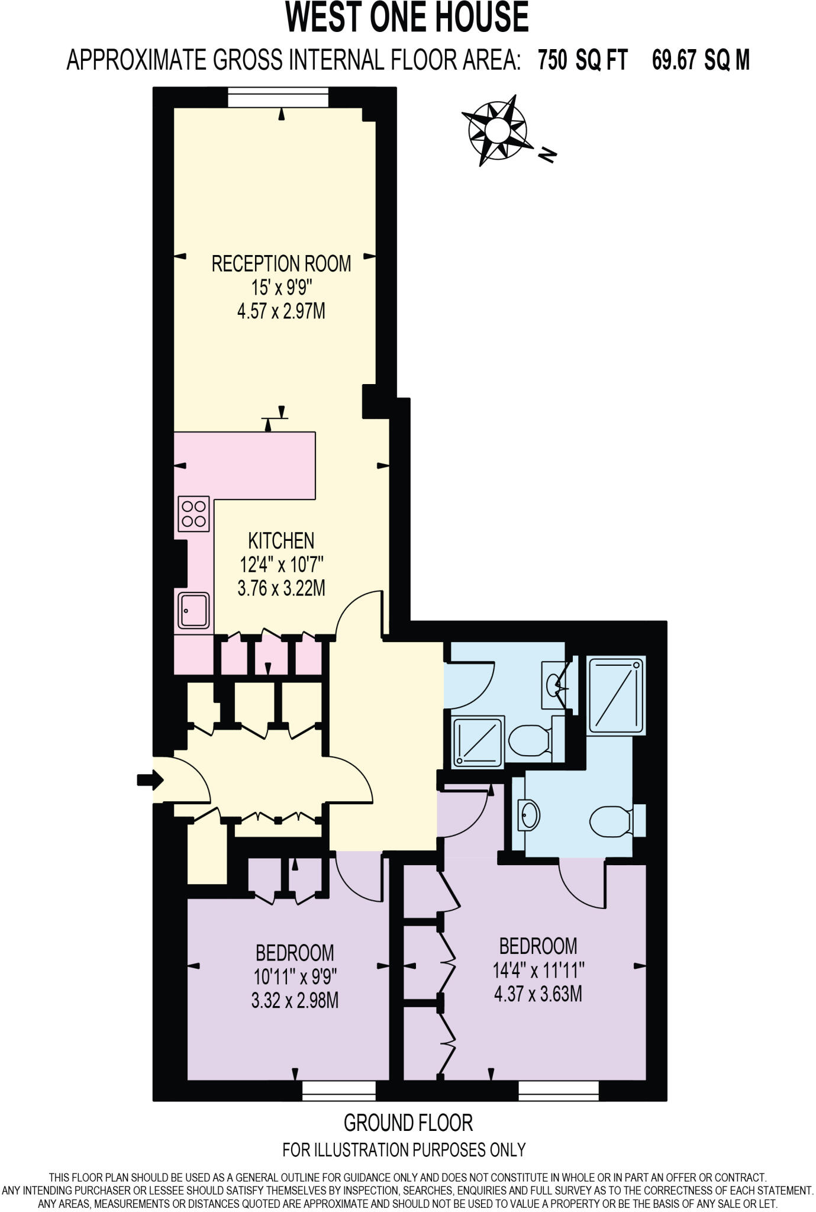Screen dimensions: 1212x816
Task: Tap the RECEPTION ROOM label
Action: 281,263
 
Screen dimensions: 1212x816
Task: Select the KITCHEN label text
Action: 281,540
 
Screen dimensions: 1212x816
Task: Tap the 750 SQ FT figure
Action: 582,60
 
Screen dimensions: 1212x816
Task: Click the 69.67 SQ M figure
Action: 701,60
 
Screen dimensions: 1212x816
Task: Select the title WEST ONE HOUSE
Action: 407,18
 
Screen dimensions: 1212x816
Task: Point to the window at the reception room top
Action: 279,97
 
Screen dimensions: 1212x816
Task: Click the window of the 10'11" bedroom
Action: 339,1089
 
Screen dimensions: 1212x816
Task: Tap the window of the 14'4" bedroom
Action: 559,1089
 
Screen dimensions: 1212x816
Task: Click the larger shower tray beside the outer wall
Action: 616,694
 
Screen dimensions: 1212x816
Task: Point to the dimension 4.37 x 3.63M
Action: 538,994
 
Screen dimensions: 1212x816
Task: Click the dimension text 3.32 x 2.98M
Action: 295,1001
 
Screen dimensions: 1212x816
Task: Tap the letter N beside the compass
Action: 548,155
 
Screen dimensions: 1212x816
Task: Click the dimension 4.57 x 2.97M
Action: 281,311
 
